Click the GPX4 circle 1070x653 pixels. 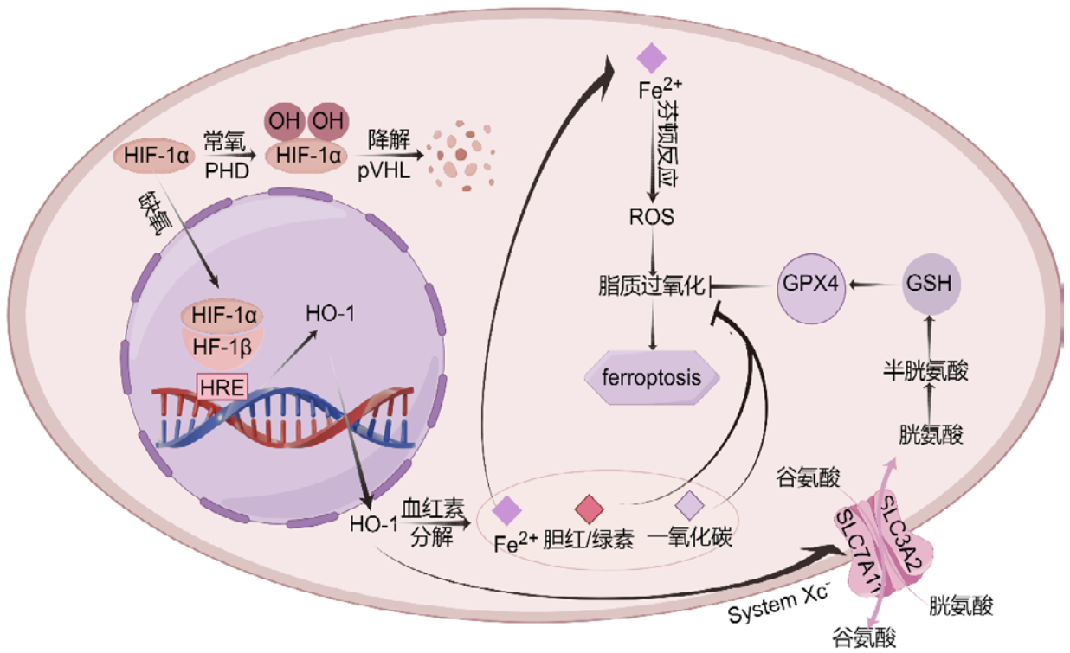pos(813,283)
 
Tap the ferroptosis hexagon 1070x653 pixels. pos(654,377)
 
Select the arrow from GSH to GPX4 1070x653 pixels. pos(874,283)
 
